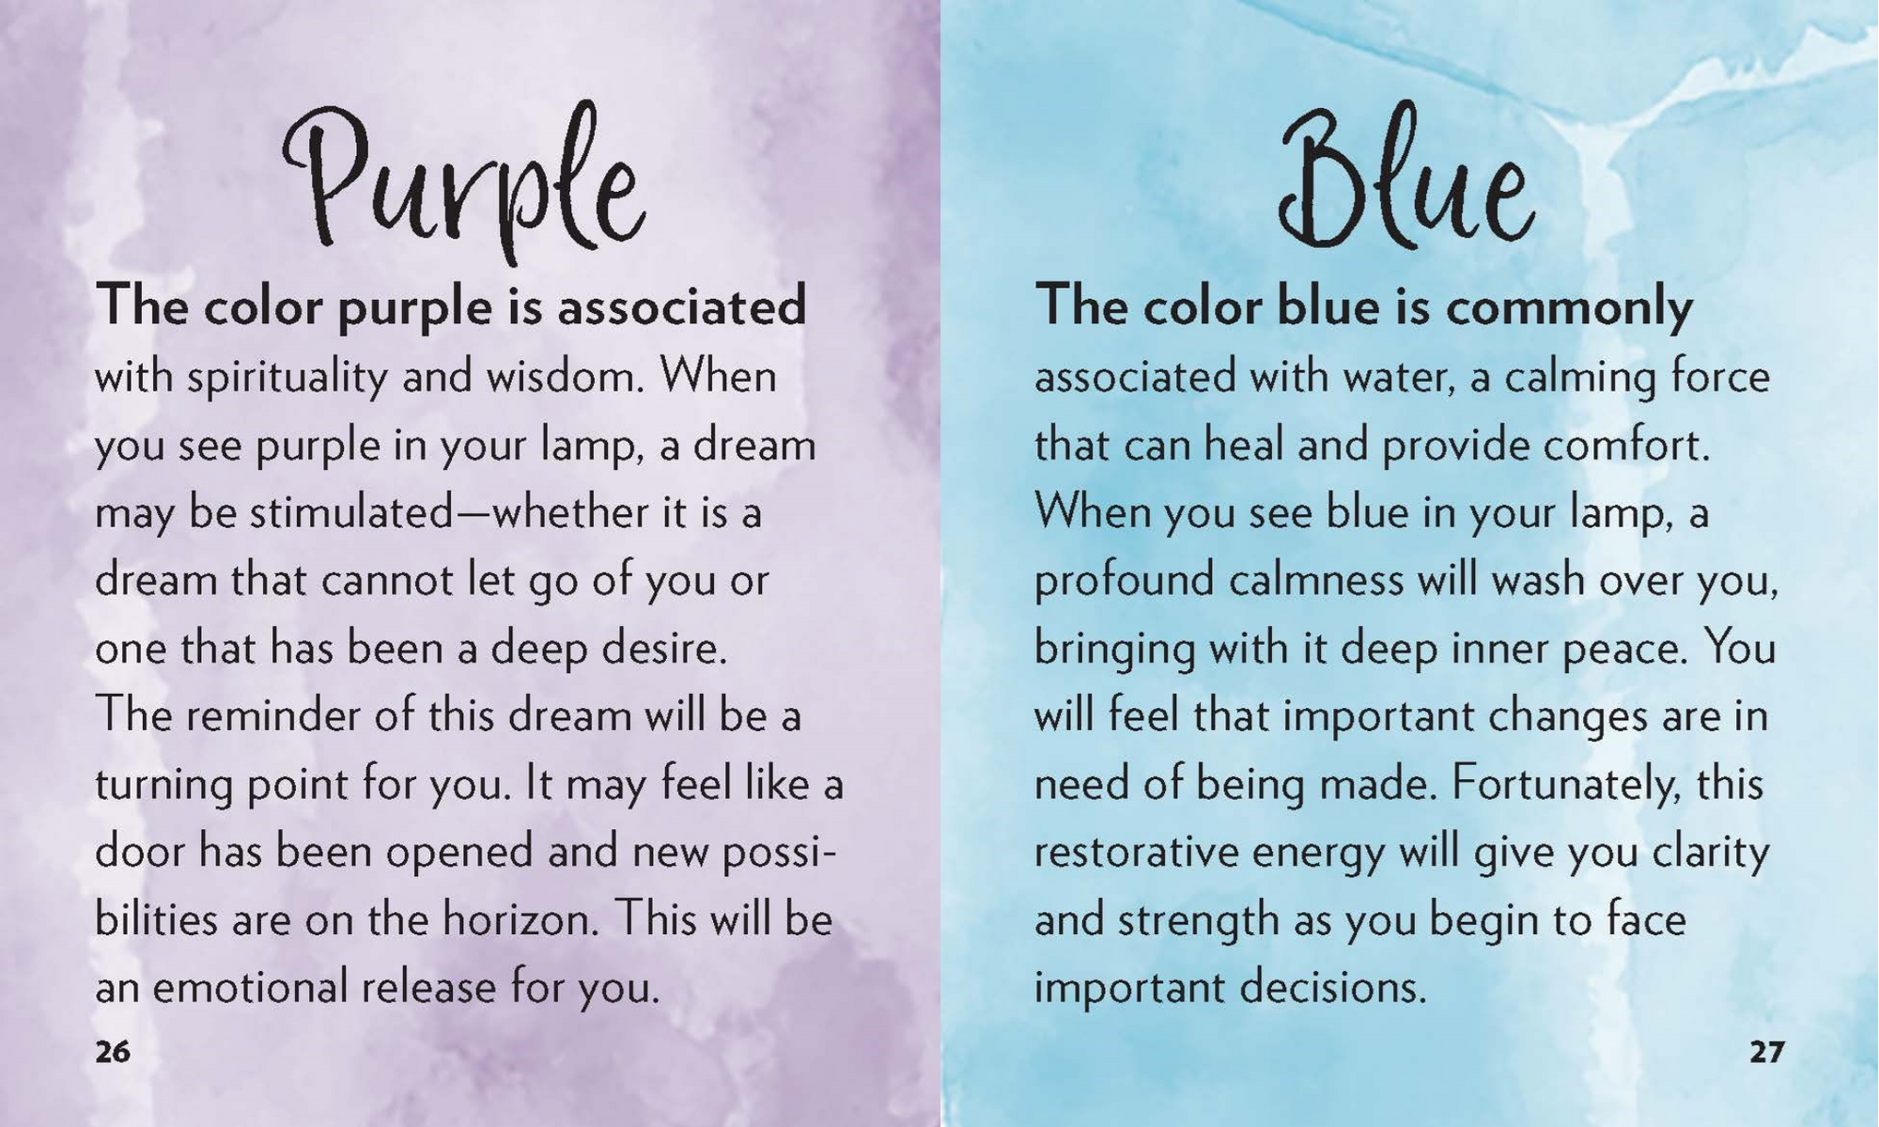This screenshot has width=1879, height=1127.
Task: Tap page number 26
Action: pos(113,1052)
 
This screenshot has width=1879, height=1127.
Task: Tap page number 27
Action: pos(1766,1052)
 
